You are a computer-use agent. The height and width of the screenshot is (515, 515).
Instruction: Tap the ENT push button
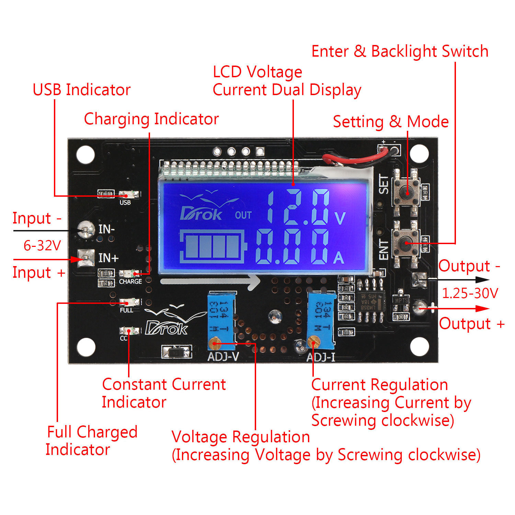406,243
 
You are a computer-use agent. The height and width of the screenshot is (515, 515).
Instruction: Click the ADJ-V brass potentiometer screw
214,343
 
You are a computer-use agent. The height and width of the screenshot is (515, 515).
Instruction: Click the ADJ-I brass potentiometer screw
312,342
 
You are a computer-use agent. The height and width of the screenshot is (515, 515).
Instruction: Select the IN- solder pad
85,229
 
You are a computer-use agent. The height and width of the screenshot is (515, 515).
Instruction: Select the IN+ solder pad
85,258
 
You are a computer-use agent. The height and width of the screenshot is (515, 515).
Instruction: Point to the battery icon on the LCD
213,246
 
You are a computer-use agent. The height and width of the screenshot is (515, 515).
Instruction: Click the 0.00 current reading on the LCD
292,247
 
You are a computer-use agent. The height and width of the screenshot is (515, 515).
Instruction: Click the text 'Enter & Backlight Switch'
400,51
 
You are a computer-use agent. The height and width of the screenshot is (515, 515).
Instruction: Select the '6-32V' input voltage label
42,245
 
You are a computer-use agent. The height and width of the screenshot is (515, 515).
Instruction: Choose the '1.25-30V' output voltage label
470,293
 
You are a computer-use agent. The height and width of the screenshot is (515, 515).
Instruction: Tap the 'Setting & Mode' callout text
391,122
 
